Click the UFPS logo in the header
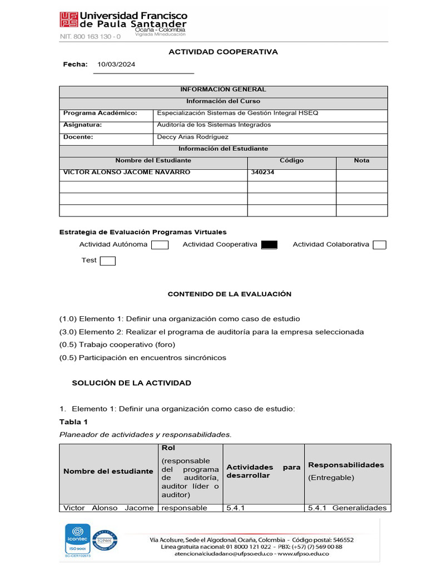coord(69,21)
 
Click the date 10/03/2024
coord(116,65)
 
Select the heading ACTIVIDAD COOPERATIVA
coord(223,52)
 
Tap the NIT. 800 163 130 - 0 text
coord(90,37)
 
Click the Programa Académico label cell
coord(100,113)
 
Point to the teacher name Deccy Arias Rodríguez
coord(192,137)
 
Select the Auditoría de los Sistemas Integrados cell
coord(213,125)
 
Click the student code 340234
coord(262,173)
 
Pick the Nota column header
coord(361,160)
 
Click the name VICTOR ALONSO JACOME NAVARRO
coord(127,173)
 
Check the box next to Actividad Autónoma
coord(160,245)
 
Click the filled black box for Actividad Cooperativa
coord(269,245)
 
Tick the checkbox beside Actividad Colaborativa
coord(379,245)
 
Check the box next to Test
coord(107,261)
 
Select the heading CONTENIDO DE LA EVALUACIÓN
coord(230,294)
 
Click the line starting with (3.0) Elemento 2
coord(211,332)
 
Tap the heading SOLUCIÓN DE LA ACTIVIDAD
coord(132,383)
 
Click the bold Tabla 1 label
coord(73,421)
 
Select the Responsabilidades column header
coord(346,465)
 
